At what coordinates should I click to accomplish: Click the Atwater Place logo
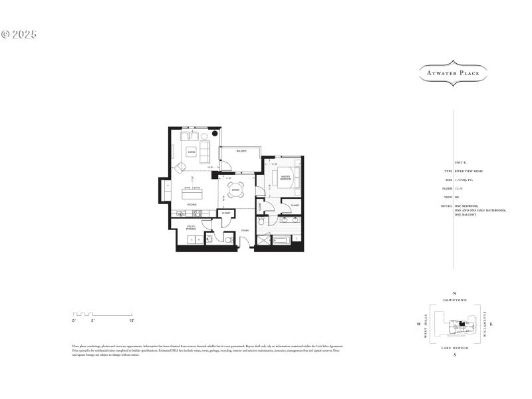coord(453,73)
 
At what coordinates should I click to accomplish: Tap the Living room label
coord(192,152)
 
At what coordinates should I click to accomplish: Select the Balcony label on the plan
coord(241,152)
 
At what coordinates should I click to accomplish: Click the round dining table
coord(236,192)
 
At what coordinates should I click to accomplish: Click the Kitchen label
coord(192,205)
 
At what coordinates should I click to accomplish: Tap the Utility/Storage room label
coord(190,228)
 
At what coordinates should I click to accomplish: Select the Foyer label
coord(245,231)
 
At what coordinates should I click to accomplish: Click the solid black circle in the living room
coord(215,133)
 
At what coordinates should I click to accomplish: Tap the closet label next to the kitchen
coord(226,213)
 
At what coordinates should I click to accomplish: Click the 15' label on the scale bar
coord(132,321)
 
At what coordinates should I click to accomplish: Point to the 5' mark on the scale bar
coord(94,321)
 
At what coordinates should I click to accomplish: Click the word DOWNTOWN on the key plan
coord(455,301)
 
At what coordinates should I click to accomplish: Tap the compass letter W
coord(418,325)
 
